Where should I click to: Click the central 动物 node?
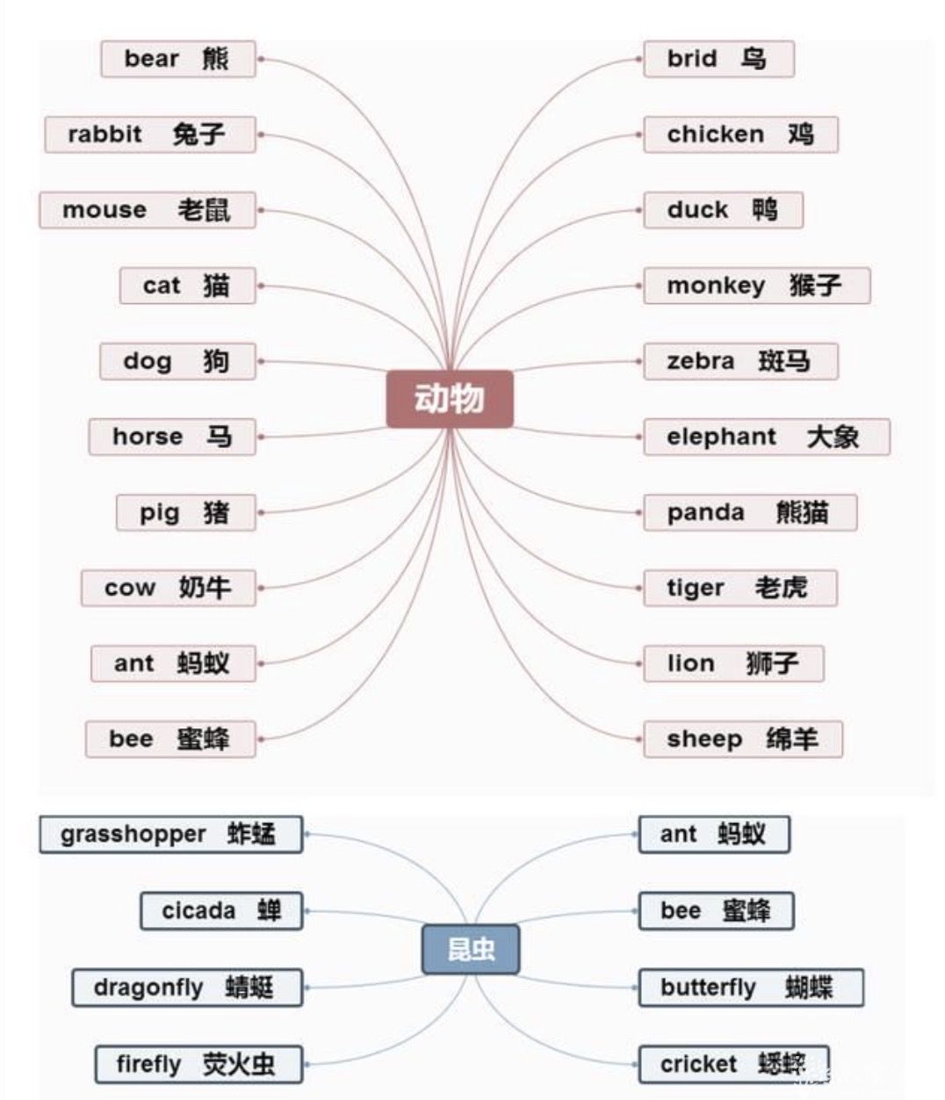450,399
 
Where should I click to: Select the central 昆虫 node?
471,950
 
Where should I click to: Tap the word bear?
151,59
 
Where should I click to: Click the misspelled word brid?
692,59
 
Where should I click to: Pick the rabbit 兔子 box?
150,134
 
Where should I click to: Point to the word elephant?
721,437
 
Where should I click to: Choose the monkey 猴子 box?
757,286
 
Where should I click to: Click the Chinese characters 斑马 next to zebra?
783,361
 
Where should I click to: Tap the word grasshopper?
133,835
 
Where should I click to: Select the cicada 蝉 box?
221,911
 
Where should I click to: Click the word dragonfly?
148,988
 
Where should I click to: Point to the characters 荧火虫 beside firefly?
238,1064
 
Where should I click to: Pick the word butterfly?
708,988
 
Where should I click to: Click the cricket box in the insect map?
733,1064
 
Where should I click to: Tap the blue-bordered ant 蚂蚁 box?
714,835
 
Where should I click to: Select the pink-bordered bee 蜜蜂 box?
170,739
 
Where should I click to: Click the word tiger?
696,589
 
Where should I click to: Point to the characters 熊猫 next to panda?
803,512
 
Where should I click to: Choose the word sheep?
704,740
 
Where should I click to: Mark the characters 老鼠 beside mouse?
204,210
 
